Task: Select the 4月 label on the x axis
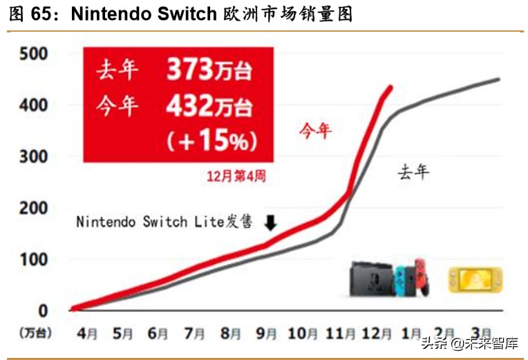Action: coord(88,333)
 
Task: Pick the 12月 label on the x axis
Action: coord(375,333)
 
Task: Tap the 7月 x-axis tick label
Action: coord(194,333)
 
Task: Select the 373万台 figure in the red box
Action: coord(209,70)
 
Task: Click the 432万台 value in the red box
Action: coord(209,106)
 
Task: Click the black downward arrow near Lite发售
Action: coord(271,222)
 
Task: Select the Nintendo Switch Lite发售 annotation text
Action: coord(164,222)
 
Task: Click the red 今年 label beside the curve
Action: coord(316,129)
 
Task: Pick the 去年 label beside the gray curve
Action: coord(413,171)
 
